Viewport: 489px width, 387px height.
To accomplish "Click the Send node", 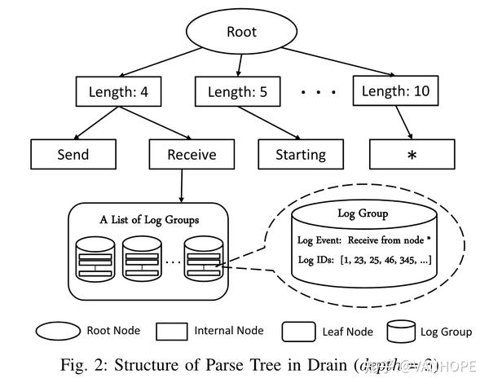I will (73, 154).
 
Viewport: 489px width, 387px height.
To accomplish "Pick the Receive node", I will (191, 154).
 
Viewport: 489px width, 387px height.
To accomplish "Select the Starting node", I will (301, 154).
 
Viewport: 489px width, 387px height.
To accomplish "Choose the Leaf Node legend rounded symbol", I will (297, 332).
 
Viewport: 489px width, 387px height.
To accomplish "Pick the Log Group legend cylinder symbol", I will (399, 332).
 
